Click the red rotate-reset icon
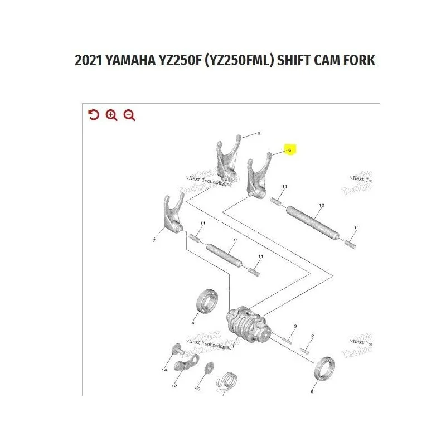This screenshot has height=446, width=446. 94,115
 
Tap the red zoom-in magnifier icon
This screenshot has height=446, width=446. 111,115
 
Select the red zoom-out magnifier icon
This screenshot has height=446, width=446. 129,115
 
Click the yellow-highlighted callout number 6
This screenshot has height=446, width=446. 289,150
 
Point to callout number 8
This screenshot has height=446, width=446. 259,134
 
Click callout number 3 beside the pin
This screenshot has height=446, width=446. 295,326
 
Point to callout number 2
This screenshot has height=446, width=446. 312,336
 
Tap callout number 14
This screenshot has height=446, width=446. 164,370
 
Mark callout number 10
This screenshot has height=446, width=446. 321,206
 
